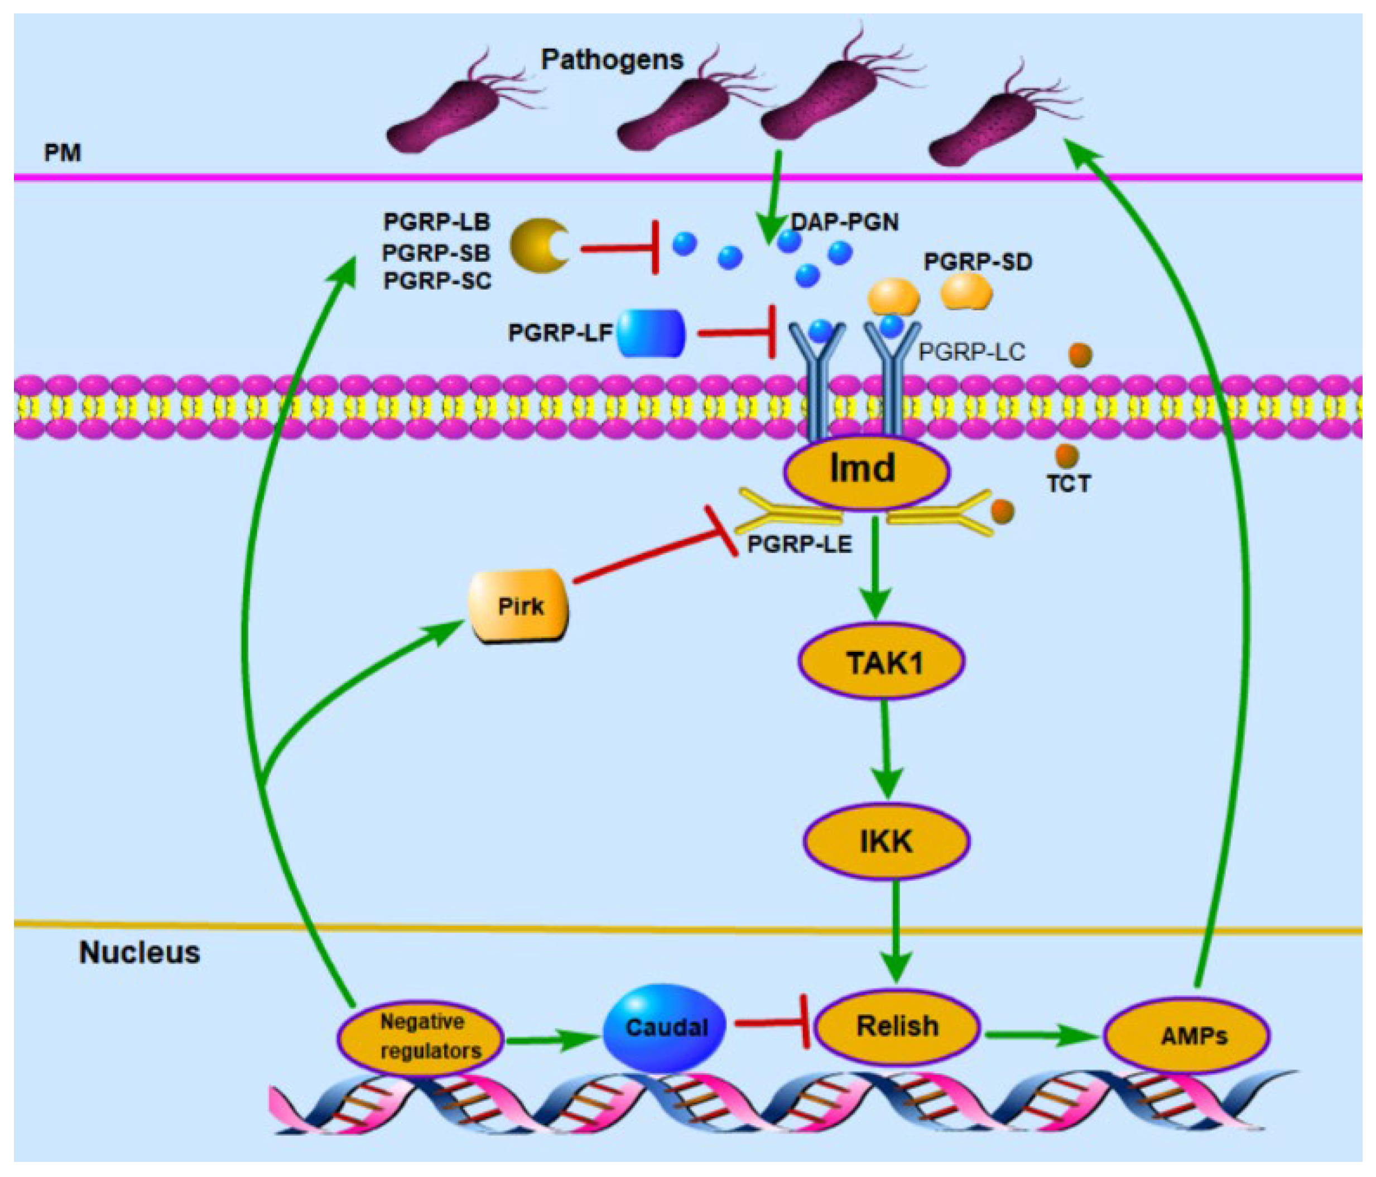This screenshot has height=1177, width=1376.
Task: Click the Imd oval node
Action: coord(866,469)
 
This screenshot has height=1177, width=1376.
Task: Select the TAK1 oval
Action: coord(881,661)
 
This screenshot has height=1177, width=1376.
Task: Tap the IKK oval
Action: coord(887,842)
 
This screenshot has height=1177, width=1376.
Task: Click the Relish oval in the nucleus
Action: coord(897,1026)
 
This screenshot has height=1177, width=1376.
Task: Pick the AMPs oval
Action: coord(1187,1035)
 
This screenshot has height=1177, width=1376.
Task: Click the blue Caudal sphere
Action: coord(665,1027)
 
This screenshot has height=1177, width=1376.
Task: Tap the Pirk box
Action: coord(519,605)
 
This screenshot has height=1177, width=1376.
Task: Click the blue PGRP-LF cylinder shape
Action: coord(650,333)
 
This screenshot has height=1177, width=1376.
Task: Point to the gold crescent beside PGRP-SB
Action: coord(538,246)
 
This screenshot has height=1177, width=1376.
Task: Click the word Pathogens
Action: coord(612,60)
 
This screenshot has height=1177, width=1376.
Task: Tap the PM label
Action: coord(62,153)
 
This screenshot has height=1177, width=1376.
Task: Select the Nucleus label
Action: coord(139,953)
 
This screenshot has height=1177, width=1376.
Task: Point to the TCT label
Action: coord(1069,483)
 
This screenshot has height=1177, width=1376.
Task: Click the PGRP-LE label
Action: coord(800,545)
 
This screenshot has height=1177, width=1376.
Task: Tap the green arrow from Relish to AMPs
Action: coord(1040,1034)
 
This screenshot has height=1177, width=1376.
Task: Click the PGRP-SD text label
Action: coord(978,262)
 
